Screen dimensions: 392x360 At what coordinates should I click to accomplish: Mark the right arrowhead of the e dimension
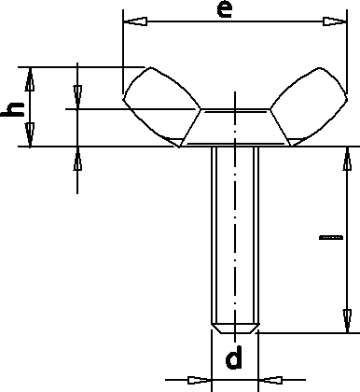pyautogui.click(x=326, y=21)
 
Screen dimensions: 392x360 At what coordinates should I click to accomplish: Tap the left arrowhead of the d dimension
pyautogui.click(x=200, y=380)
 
